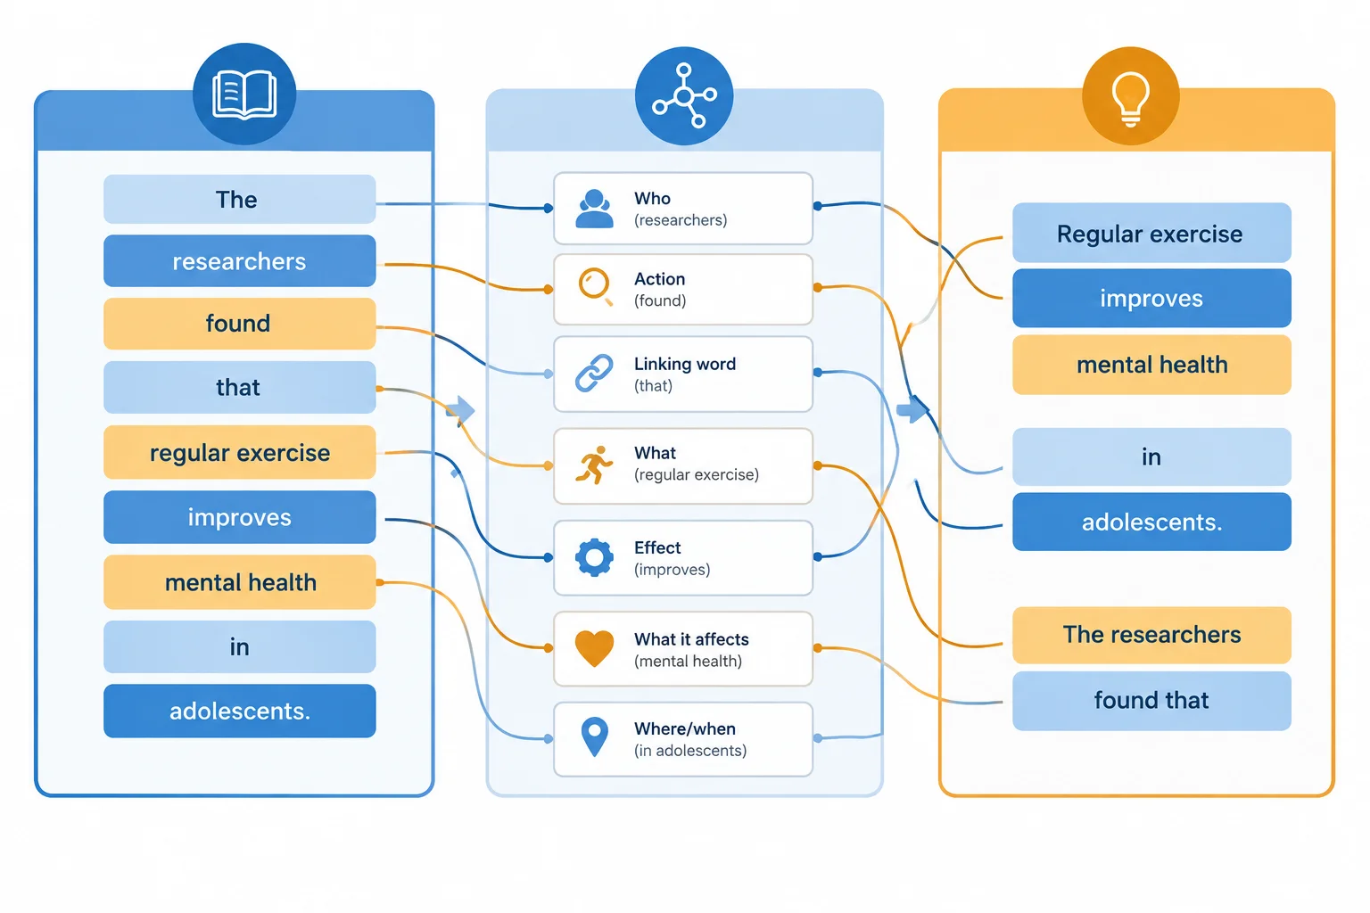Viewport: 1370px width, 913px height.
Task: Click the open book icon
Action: coord(244,95)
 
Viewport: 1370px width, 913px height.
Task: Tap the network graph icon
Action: coord(684,95)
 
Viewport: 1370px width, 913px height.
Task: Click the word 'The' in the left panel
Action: coord(236,200)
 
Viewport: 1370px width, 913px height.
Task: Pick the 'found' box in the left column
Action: coord(239,324)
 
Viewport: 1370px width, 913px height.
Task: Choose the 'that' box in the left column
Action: coord(239,387)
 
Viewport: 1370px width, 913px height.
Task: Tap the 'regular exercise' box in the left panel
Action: coord(239,453)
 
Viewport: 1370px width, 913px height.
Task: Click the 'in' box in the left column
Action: coord(239,647)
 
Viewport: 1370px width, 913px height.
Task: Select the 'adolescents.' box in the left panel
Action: coord(239,711)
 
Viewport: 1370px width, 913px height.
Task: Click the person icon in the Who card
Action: coord(594,210)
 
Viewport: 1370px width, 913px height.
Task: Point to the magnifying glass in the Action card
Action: coord(596,286)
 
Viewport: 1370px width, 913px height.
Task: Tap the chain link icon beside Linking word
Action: coord(594,373)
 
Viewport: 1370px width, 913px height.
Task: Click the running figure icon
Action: coord(594,465)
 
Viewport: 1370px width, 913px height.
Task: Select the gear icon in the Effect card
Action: coord(594,557)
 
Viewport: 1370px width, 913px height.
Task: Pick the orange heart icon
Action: coord(594,648)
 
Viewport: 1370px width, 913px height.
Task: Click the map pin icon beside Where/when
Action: coord(594,736)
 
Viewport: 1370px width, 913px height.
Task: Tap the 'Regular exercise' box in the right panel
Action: coord(1151,233)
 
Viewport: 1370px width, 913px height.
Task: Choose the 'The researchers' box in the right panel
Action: coord(1151,635)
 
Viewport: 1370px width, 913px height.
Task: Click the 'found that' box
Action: coord(1151,701)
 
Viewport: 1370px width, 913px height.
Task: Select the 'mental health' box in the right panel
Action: coord(1151,365)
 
